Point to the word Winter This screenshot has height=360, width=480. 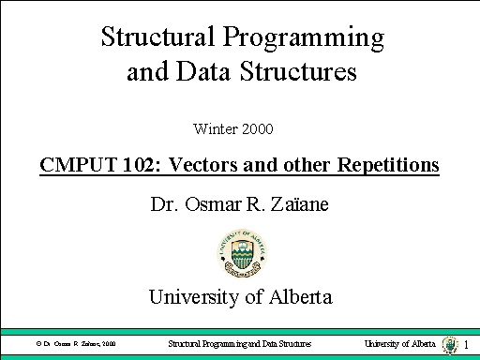coord(214,127)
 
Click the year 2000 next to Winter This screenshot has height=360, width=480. coord(256,127)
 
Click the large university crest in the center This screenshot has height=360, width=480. coord(239,250)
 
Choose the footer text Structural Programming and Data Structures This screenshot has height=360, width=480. coord(239,344)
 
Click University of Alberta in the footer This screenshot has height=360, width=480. coord(400,344)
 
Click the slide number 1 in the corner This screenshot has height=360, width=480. coord(466,345)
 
